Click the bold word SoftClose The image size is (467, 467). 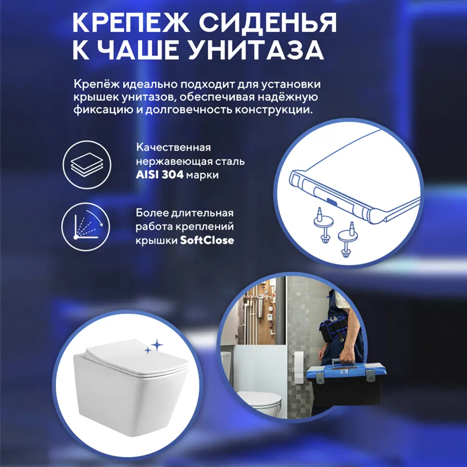click(x=207, y=241)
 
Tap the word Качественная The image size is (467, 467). click(x=173, y=148)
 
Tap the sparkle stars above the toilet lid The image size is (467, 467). click(x=154, y=347)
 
